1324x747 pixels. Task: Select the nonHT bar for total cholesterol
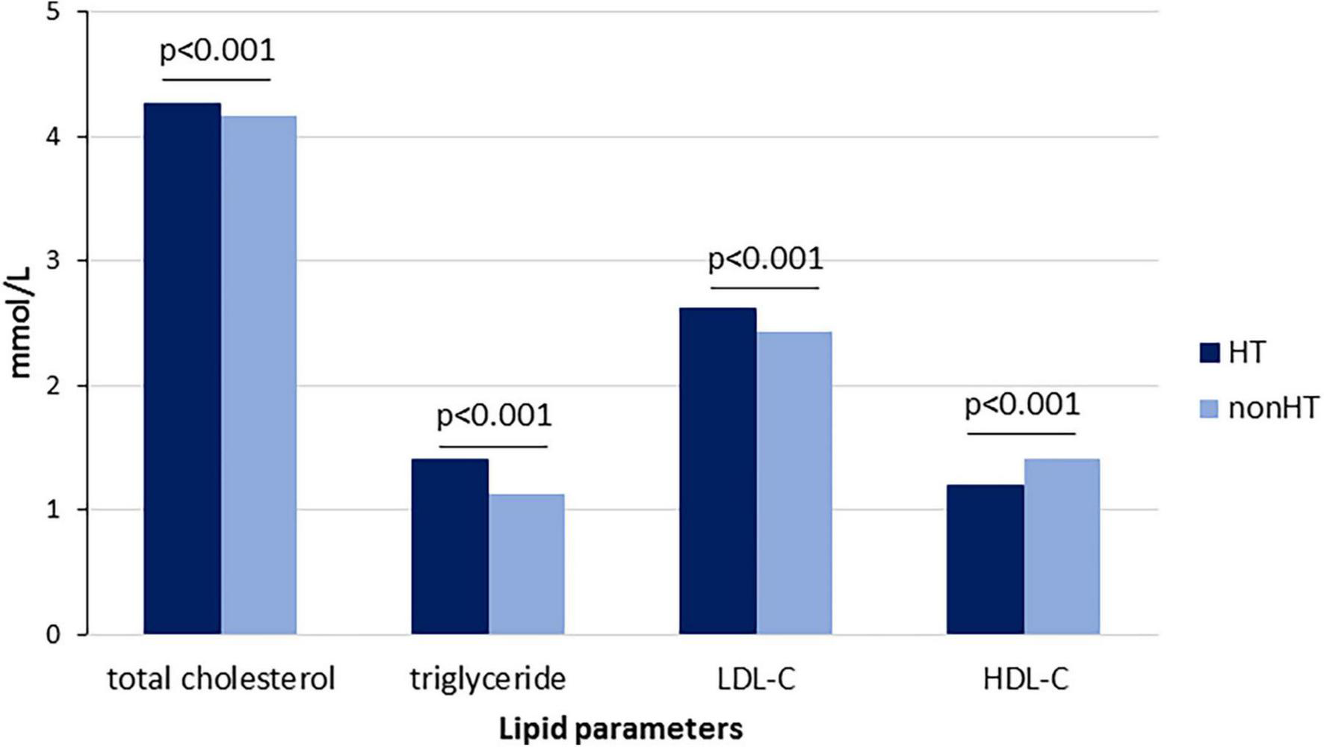(x=259, y=375)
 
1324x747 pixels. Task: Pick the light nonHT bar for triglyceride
(x=526, y=564)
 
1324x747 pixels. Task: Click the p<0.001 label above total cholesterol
(x=217, y=51)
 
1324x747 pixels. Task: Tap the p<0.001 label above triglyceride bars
(x=494, y=416)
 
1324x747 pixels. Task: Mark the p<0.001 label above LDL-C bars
(x=765, y=260)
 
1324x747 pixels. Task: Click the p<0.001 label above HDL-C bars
(x=1022, y=406)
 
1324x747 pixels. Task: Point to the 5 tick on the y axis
(x=53, y=12)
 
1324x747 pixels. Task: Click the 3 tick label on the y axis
(x=53, y=261)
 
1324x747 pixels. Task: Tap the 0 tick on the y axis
(x=53, y=635)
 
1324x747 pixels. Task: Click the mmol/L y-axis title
(x=22, y=323)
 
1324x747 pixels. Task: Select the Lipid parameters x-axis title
(x=621, y=729)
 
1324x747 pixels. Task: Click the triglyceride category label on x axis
(x=487, y=680)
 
